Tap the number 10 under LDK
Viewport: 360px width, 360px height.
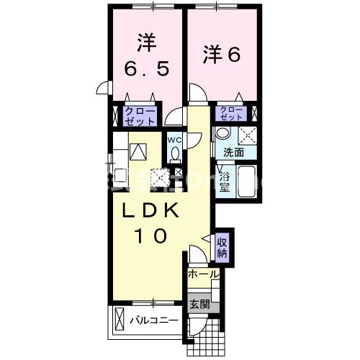[152, 235]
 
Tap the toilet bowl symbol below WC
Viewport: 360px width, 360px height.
[175, 153]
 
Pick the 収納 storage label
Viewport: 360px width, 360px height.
[222, 246]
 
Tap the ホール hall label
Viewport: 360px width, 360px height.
[203, 274]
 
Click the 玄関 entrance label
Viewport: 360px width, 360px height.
[199, 305]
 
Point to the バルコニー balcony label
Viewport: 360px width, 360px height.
[153, 320]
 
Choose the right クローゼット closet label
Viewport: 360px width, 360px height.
[231, 112]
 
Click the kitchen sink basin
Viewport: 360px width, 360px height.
[138, 152]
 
